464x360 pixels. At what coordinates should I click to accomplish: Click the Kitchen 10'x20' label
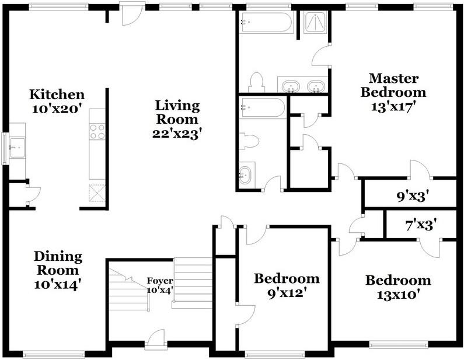(57, 102)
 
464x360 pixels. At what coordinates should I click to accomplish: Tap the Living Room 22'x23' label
(177, 119)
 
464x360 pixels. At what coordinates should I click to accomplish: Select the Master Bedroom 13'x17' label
(393, 92)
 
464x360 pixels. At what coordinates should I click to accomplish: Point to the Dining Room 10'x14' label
(58, 270)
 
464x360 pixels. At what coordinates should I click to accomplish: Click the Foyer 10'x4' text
(160, 285)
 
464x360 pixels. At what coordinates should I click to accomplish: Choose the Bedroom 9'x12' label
(287, 286)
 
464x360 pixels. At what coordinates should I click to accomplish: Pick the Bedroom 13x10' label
(398, 287)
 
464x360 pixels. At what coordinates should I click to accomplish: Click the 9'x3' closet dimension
(413, 196)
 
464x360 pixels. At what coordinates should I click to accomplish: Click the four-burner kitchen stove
(97, 132)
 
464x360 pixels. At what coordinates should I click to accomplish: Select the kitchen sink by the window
(17, 148)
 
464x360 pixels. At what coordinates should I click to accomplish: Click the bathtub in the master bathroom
(266, 22)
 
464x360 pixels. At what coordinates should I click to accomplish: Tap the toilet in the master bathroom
(257, 82)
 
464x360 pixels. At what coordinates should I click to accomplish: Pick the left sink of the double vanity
(291, 86)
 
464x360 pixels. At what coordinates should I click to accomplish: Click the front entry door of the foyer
(156, 337)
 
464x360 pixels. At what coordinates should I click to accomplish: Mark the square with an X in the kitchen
(97, 193)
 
